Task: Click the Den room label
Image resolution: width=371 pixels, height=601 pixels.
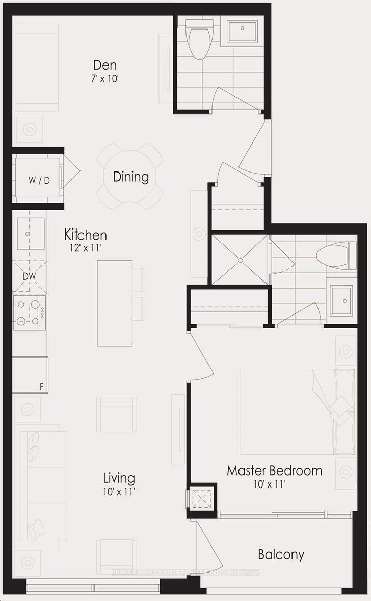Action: (104, 65)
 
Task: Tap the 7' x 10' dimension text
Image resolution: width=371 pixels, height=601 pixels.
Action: (105, 79)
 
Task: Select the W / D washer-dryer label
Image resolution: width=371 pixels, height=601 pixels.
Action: (39, 181)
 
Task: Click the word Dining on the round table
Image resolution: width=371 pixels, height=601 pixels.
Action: (131, 177)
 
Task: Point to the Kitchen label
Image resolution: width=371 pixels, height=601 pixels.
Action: (85, 235)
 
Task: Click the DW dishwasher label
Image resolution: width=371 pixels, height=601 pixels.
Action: (29, 276)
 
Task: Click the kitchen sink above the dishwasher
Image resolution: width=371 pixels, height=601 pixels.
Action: (31, 234)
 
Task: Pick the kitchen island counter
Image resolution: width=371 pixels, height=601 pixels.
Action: (115, 303)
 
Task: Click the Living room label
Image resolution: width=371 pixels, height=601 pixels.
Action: (119, 478)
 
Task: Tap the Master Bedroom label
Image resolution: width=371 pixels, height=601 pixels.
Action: (274, 470)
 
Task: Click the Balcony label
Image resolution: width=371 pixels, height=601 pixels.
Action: (281, 554)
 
